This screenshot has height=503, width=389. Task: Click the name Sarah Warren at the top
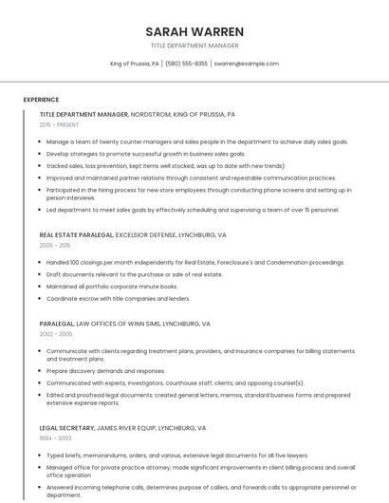pyautogui.click(x=194, y=31)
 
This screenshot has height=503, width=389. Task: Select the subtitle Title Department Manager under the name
pyautogui.click(x=194, y=46)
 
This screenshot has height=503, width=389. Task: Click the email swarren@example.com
pyautogui.click(x=246, y=64)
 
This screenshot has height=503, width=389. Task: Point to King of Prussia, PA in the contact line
pyautogui.click(x=135, y=64)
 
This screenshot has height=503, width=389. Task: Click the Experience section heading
pyautogui.click(x=41, y=100)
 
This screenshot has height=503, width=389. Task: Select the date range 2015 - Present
pyautogui.click(x=59, y=124)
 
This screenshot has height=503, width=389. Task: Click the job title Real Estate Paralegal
pyautogui.click(x=77, y=234)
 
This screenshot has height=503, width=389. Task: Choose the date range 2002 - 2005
pyautogui.click(x=56, y=334)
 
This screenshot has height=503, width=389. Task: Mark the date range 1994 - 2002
pyautogui.click(x=55, y=439)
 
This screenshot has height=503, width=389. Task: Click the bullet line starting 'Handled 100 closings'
pyautogui.click(x=195, y=262)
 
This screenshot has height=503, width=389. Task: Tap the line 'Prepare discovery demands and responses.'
pyautogui.click(x=105, y=371)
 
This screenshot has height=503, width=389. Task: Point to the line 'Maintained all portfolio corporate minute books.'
pyautogui.click(x=112, y=286)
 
